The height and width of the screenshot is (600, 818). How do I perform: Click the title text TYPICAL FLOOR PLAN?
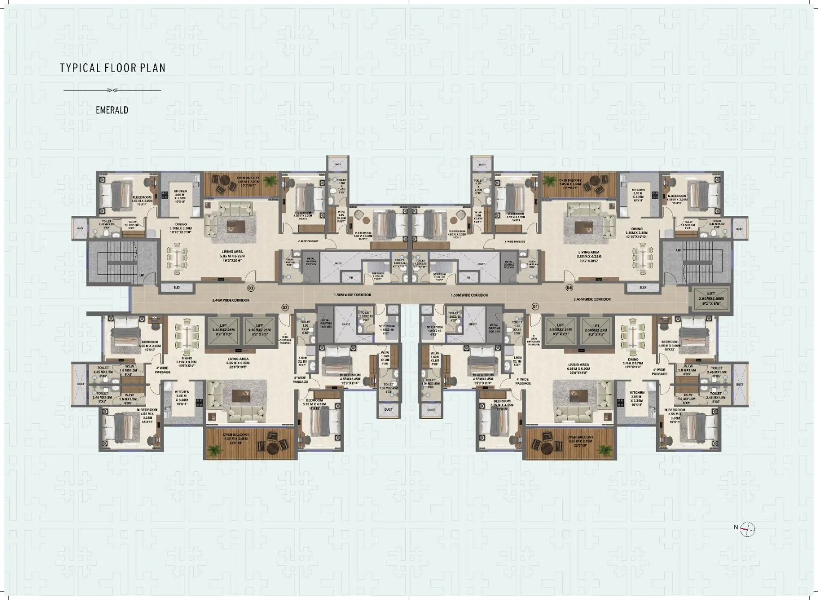(112, 68)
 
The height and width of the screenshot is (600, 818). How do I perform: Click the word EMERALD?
(112, 110)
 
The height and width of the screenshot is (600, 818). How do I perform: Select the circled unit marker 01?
(534, 308)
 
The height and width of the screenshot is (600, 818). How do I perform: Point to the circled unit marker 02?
(284, 308)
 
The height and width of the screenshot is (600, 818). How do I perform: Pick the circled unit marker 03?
(251, 287)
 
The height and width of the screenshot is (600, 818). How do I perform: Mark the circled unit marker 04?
(569, 287)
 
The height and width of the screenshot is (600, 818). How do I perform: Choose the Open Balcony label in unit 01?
(579, 439)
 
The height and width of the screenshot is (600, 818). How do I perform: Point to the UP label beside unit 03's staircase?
(141, 275)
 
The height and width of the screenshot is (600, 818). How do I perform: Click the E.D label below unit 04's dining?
(642, 287)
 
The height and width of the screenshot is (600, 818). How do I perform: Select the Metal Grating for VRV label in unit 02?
(325, 326)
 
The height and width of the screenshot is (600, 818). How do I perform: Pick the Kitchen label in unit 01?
(636, 397)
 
